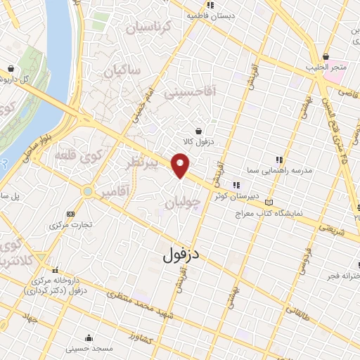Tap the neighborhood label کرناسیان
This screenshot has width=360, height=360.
coord(147,28)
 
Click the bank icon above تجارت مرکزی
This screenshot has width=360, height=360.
coord(70,214)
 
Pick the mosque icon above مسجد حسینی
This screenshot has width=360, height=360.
coord(87,337)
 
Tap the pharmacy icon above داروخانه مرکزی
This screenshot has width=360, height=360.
coord(54,269)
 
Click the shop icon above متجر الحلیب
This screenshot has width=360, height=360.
coord(326,56)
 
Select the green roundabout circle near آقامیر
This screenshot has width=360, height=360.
coord(87,191)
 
